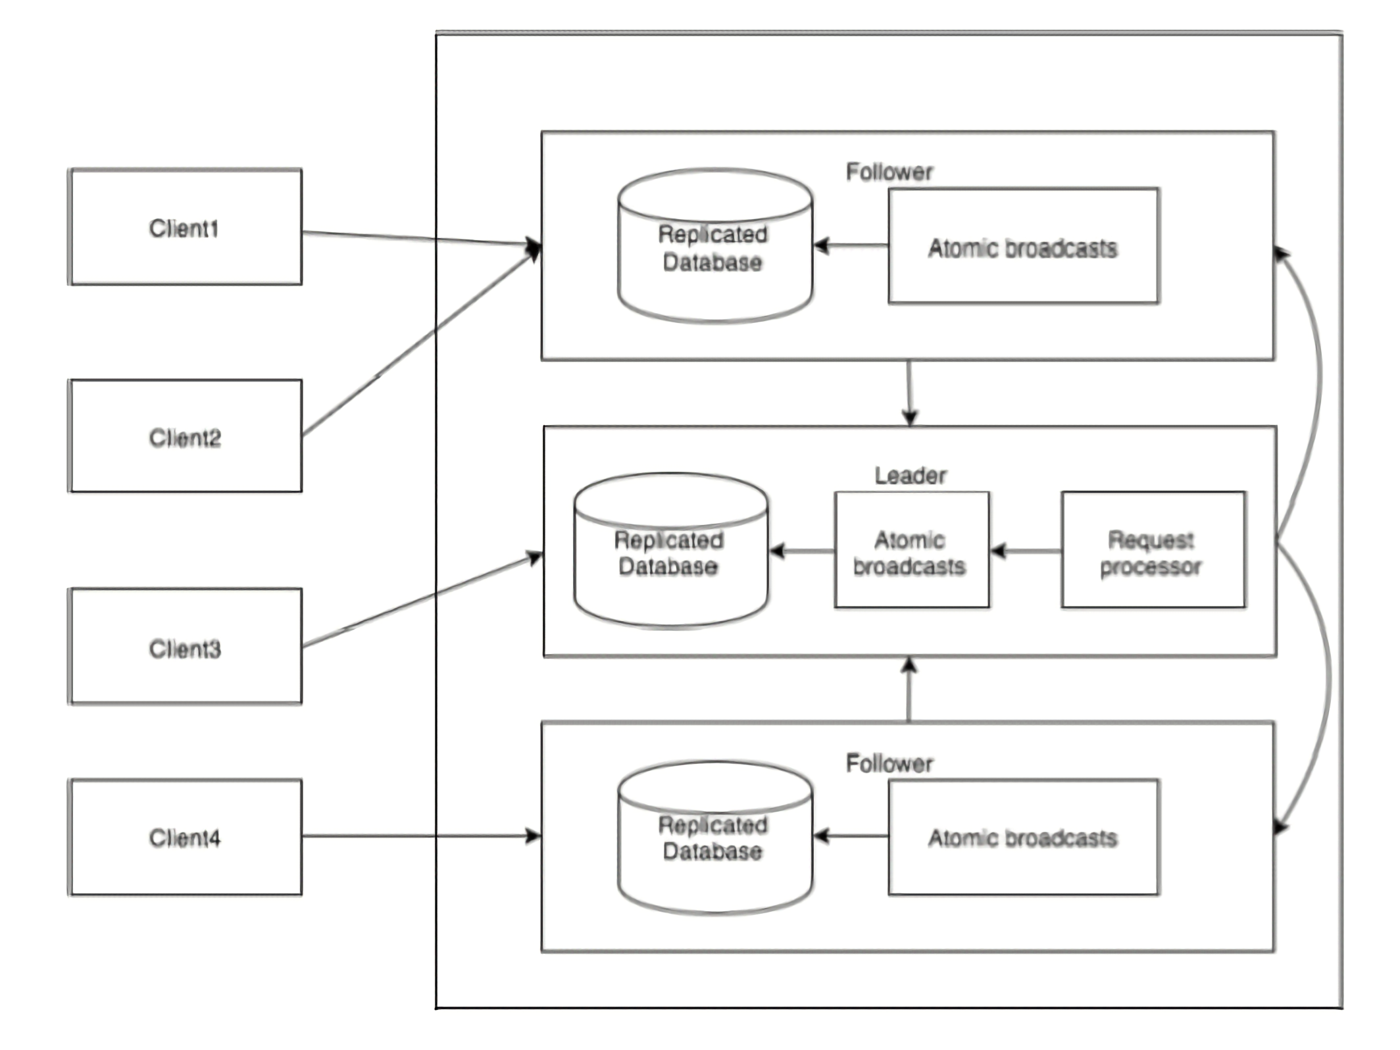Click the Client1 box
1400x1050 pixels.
point(186,227)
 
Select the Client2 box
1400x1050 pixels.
point(186,436)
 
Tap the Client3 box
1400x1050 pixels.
point(186,646)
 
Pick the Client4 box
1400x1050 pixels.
point(186,838)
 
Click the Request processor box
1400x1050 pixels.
point(1153,549)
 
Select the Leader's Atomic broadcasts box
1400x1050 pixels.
point(912,549)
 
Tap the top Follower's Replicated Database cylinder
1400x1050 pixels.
point(715,245)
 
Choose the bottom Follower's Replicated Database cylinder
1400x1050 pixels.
point(715,837)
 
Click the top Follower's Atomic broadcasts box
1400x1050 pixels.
point(1024,245)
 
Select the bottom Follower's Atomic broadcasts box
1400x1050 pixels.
point(1024,837)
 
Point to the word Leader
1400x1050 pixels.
point(911,475)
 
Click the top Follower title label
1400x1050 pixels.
point(889,172)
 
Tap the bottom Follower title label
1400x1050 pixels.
point(889,763)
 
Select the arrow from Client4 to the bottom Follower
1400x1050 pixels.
point(422,836)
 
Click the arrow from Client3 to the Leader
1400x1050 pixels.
point(422,600)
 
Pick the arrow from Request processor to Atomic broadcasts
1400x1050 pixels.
point(1026,551)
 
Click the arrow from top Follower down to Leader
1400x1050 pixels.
point(909,393)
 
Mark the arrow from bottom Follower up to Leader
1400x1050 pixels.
point(909,689)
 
